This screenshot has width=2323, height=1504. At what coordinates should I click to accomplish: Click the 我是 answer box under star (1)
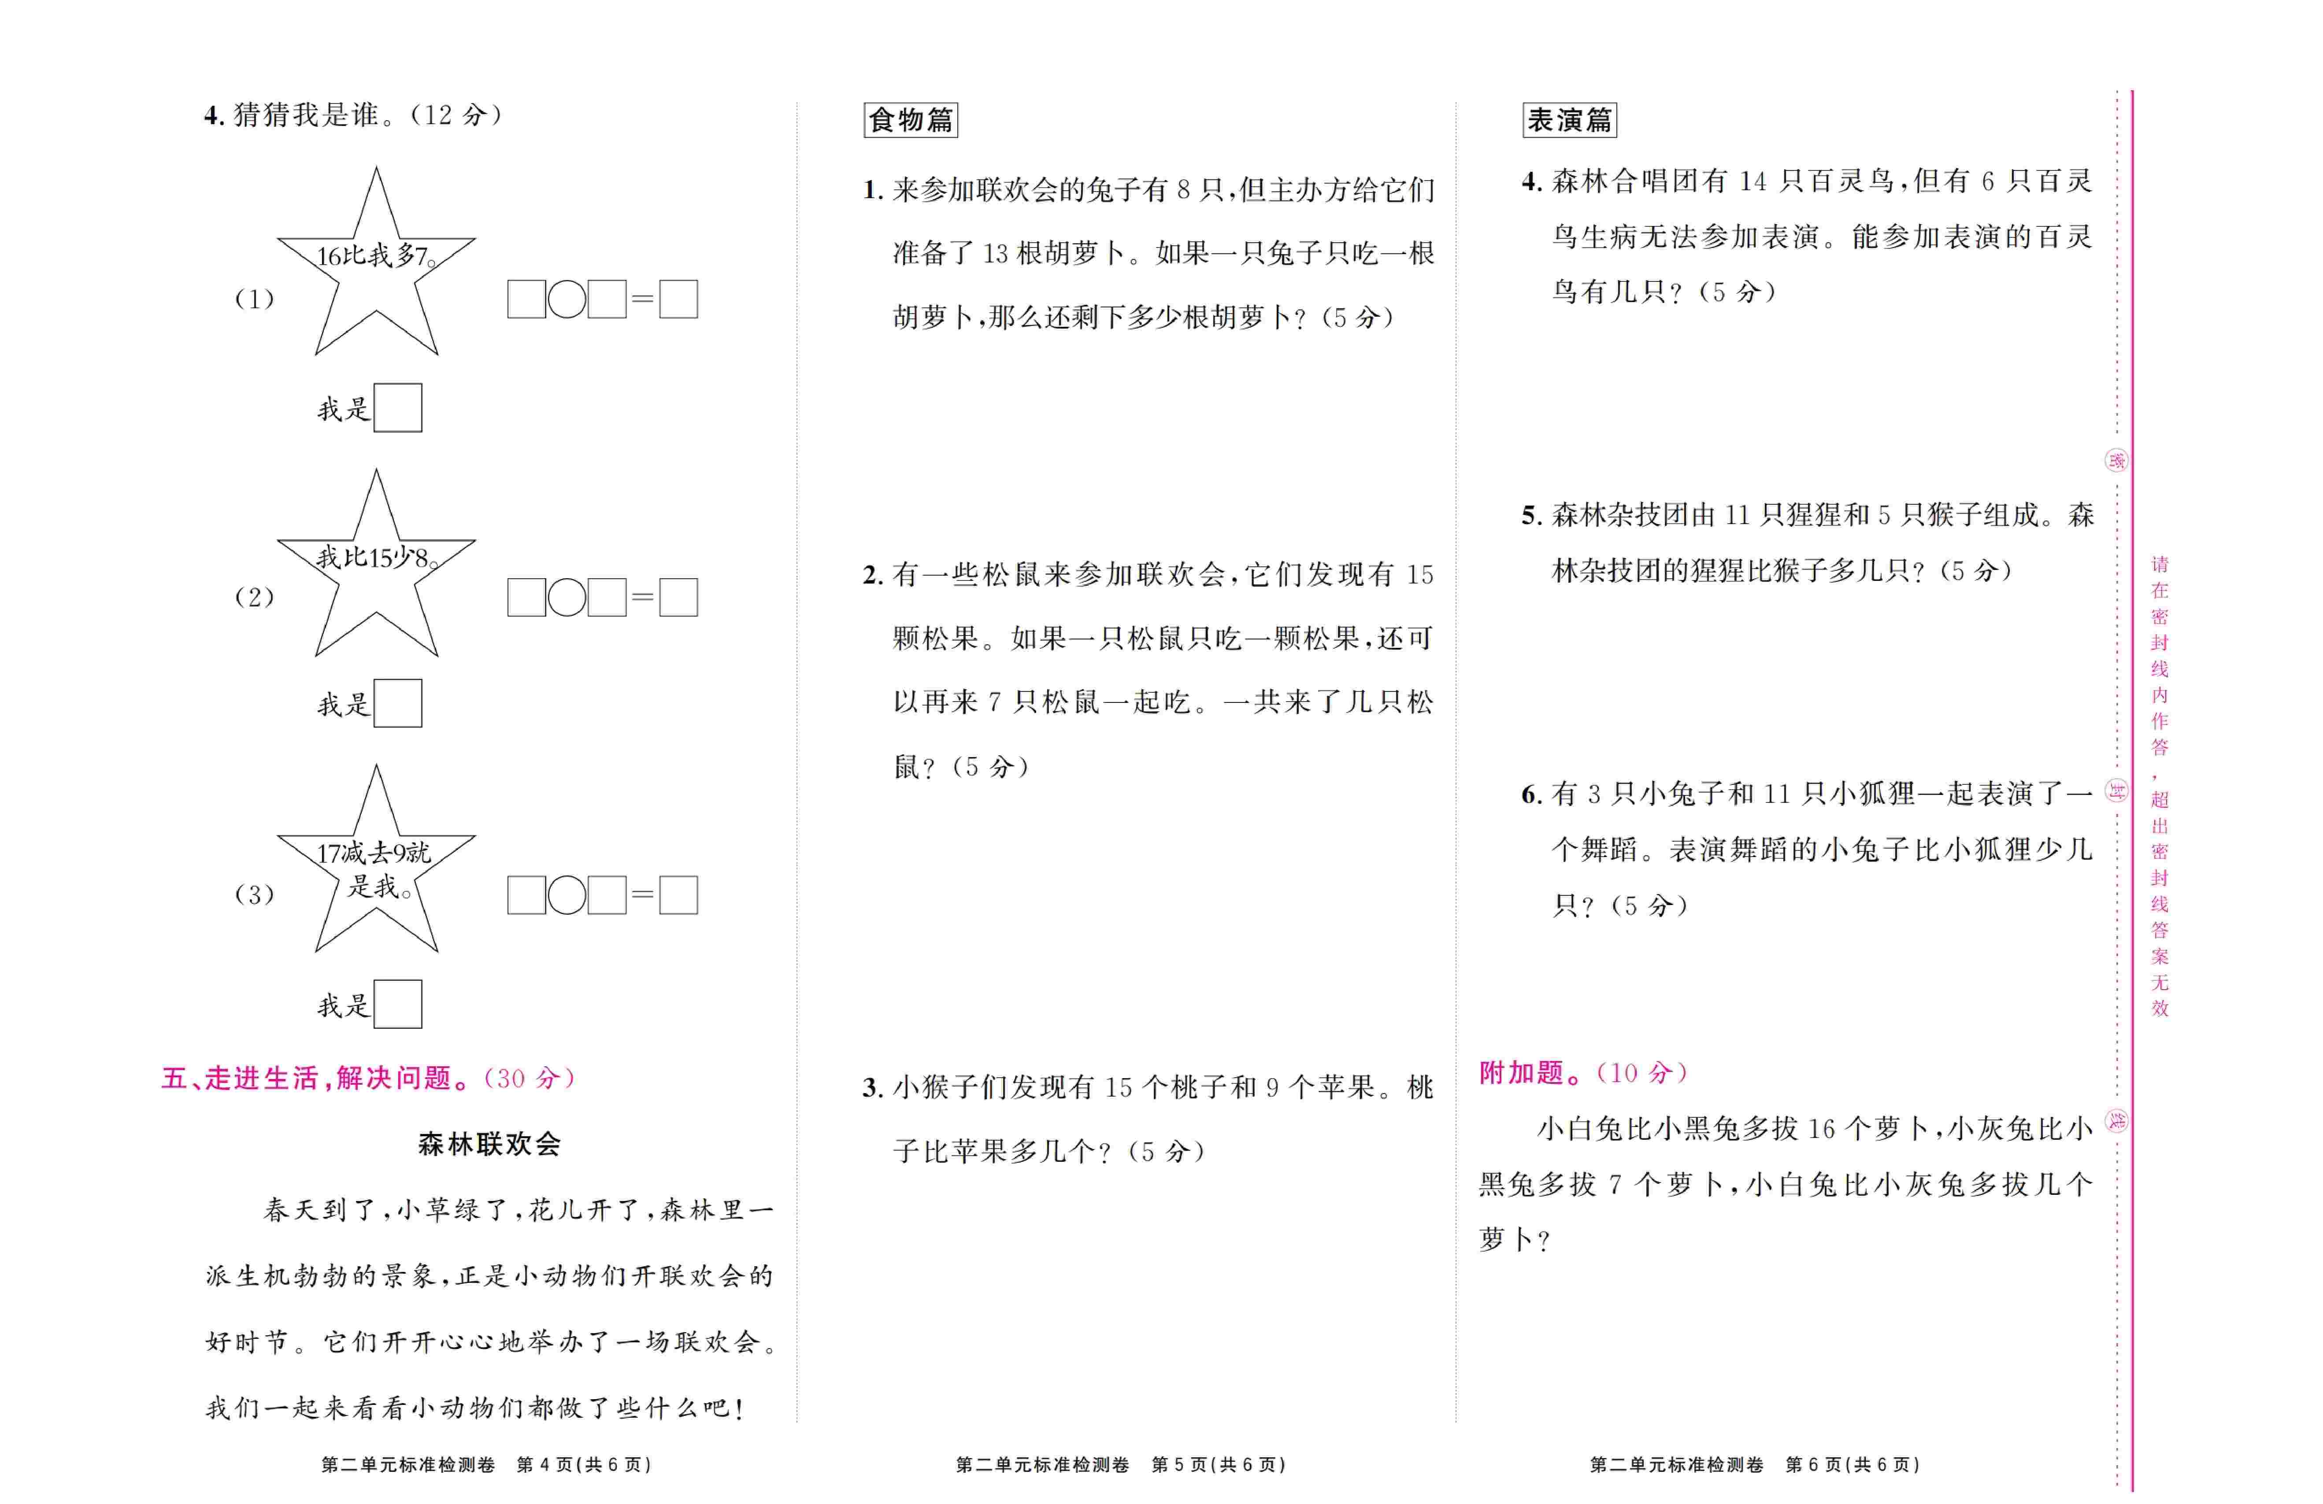(x=397, y=408)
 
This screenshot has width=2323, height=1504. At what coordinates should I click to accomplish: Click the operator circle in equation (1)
(x=566, y=299)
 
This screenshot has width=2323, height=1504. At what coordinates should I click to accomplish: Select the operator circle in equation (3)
(x=566, y=895)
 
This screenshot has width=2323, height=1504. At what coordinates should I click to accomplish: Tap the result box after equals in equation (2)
(x=678, y=597)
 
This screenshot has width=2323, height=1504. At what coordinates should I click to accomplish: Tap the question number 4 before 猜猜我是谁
(x=214, y=115)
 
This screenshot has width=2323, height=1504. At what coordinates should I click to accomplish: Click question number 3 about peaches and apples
(x=873, y=1087)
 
